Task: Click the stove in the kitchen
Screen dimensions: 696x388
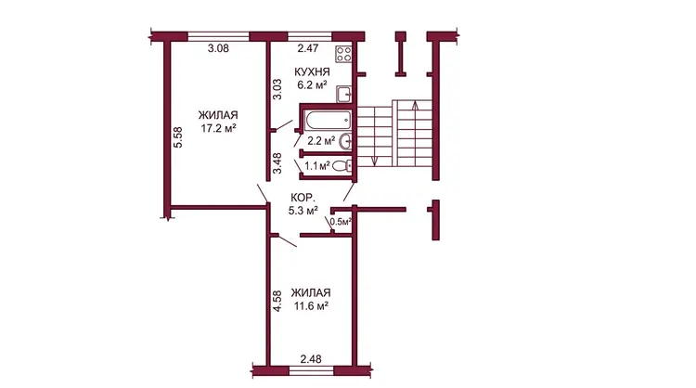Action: tap(344, 54)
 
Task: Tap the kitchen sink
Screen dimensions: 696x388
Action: tap(344, 94)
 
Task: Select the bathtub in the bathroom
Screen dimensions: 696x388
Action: tap(328, 120)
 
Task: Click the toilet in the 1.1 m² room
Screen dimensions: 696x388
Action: tap(342, 166)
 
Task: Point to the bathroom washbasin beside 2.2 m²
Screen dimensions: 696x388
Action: tap(345, 142)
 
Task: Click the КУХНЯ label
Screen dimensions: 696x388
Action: tap(312, 71)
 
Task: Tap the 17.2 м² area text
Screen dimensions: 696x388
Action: tap(218, 129)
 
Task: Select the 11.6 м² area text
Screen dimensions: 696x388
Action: tap(311, 306)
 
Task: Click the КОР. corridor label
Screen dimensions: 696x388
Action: tap(303, 198)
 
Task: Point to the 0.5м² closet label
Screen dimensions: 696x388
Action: tap(341, 222)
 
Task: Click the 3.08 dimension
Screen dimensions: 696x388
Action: tap(218, 48)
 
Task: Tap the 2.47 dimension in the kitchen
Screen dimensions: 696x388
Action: tap(308, 48)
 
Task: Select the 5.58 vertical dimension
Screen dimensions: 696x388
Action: tap(177, 137)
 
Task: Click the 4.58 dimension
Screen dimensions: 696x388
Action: tap(277, 301)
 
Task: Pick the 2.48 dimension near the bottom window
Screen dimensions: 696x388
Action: tap(311, 358)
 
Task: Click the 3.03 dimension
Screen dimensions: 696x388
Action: tap(277, 89)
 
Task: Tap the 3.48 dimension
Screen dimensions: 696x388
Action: tap(277, 163)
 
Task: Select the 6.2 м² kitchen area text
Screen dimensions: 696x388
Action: tap(312, 85)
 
